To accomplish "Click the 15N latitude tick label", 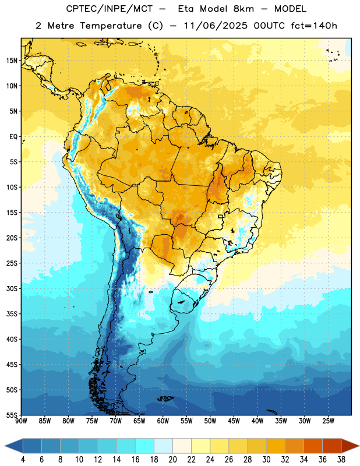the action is pyautogui.click(x=12, y=61).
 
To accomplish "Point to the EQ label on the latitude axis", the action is pyautogui.click(x=13, y=137).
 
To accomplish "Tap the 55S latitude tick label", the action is pyautogui.click(x=12, y=415).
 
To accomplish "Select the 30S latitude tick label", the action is pyautogui.click(x=12, y=288).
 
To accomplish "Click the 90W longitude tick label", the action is pyautogui.click(x=22, y=421).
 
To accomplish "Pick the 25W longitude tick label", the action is pyautogui.click(x=328, y=421).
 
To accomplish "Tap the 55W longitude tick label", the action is pyautogui.click(x=186, y=421).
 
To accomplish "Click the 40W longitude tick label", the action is pyautogui.click(x=257, y=421).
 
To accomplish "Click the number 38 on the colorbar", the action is pyautogui.click(x=341, y=460).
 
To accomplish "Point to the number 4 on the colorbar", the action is pyautogui.click(x=23, y=460).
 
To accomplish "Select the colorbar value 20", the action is pyautogui.click(x=172, y=460).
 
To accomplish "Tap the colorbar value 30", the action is pyautogui.click(x=266, y=460).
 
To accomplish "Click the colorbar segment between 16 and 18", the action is pyautogui.click(x=145, y=446).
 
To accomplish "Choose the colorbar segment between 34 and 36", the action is pyautogui.click(x=313, y=446).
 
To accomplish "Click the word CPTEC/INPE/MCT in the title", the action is pyautogui.click(x=110, y=9).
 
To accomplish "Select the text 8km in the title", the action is pyautogui.click(x=243, y=9).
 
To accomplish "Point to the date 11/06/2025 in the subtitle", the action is pyautogui.click(x=216, y=26).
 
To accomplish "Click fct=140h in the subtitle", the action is pyautogui.click(x=314, y=26).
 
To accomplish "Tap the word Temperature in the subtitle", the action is pyautogui.click(x=111, y=26).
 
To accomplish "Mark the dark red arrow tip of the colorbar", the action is pyautogui.click(x=359, y=446).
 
